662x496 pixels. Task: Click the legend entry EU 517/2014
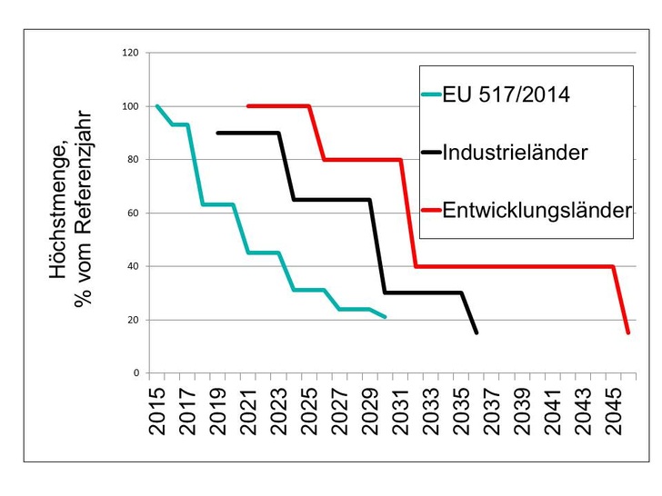507,94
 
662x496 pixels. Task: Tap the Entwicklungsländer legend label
537,211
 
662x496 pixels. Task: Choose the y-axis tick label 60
132,213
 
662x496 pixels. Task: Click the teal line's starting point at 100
157,106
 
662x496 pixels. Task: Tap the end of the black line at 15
476,332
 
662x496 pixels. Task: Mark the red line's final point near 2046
627,332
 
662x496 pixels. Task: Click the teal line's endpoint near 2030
386,317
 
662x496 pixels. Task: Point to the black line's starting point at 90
218,133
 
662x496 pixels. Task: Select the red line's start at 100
248,106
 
